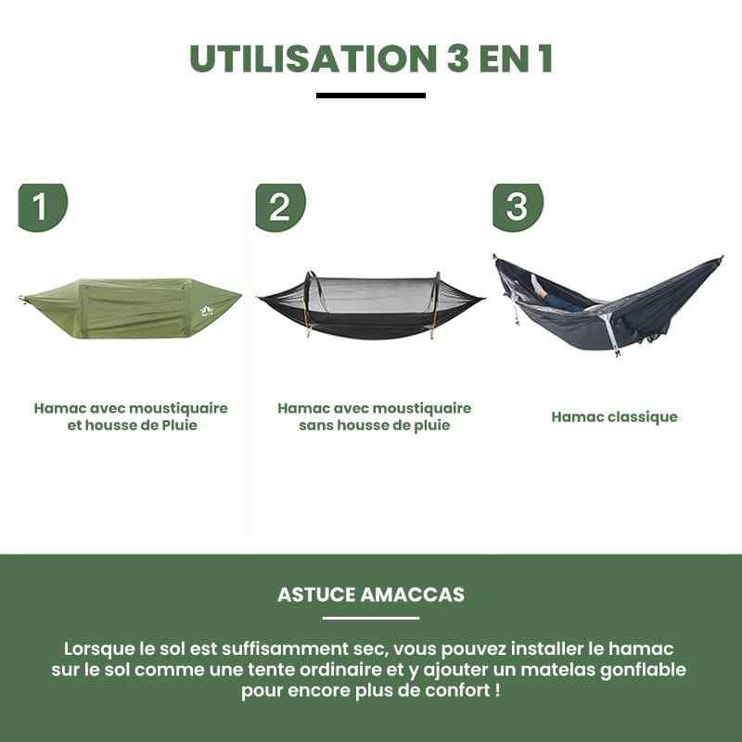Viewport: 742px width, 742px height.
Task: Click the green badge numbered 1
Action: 43,207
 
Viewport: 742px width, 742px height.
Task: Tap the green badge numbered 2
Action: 281,207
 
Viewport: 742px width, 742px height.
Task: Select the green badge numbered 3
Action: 518,207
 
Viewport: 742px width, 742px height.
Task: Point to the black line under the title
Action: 370,96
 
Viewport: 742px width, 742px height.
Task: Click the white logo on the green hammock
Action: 207,311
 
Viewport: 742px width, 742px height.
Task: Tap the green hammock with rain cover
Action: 130,308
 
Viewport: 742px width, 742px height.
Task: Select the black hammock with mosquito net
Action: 370,306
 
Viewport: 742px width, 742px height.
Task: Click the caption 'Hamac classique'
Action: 614,416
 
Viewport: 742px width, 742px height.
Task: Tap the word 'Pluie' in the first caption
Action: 179,425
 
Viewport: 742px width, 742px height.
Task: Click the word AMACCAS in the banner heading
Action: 413,595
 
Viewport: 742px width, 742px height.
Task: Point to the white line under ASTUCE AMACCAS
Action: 370,618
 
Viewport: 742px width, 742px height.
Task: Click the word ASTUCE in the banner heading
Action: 316,595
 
